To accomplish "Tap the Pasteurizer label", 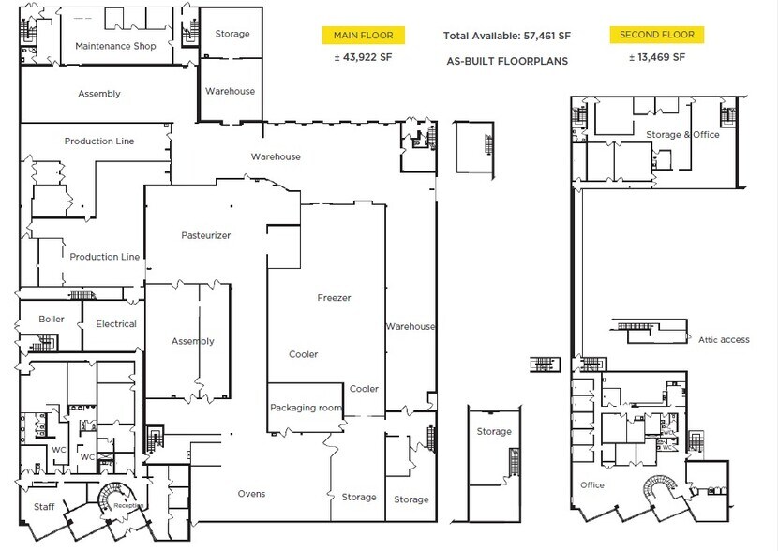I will (x=206, y=235).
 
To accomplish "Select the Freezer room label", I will (x=334, y=298).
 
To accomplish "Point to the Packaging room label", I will (x=305, y=408).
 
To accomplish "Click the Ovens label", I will (x=251, y=494).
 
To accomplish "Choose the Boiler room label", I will (x=52, y=320).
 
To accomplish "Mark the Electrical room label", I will (x=116, y=324).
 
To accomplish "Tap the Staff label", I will (x=44, y=507).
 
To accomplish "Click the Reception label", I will (x=127, y=506).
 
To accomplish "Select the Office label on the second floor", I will (x=591, y=485).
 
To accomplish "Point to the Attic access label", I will (x=724, y=339).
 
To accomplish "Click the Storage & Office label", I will (x=682, y=135).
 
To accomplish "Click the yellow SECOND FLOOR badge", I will (x=656, y=35).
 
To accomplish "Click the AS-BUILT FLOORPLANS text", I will (x=507, y=61).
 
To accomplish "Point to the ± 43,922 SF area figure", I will (x=364, y=57).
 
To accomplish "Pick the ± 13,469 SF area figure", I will (x=656, y=57).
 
